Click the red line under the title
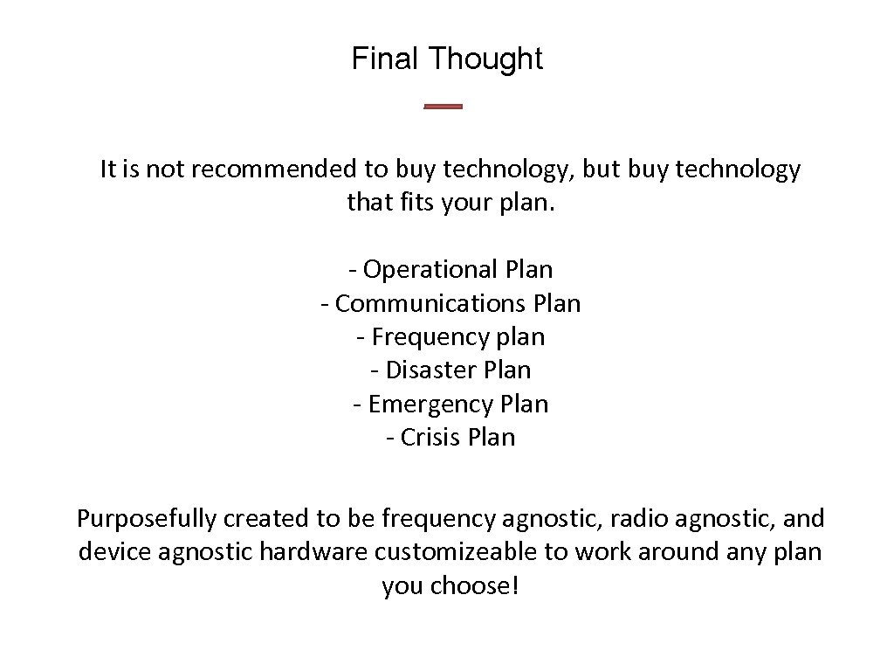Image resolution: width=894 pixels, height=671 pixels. point(443,107)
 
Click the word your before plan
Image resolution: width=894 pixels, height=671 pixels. point(470,204)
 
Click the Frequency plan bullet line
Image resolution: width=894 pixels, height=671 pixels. point(450,337)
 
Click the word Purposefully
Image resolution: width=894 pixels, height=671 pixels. point(146,519)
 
